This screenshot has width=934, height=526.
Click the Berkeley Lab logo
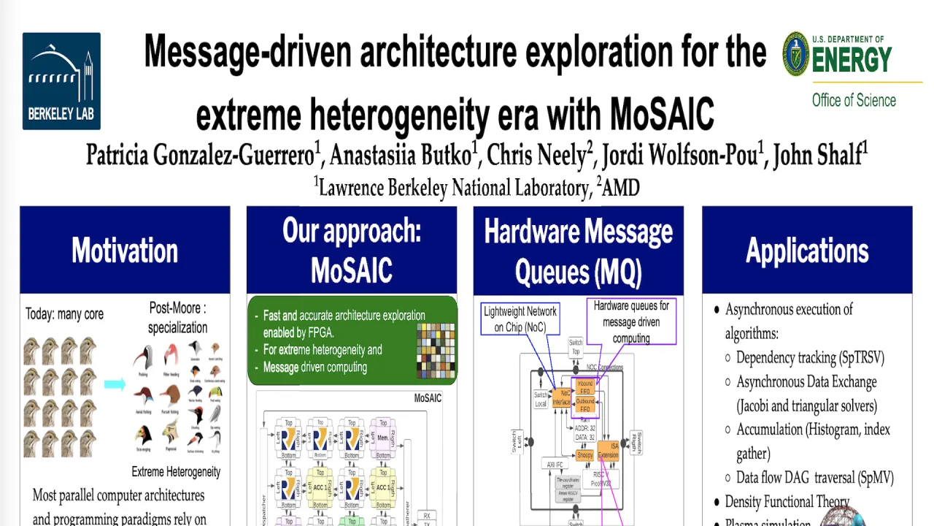tap(61, 81)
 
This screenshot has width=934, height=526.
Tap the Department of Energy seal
tap(796, 54)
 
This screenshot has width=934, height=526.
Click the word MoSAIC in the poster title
tap(661, 115)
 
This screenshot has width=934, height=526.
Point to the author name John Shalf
tap(819, 154)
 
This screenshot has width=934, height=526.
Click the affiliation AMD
tap(621, 188)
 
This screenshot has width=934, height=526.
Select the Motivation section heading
tap(125, 251)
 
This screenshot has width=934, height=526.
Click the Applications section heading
tap(807, 251)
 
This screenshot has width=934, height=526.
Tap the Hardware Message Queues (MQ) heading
tap(579, 251)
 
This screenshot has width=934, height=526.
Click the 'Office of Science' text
tap(854, 100)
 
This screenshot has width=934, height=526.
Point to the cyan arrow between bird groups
tap(115, 384)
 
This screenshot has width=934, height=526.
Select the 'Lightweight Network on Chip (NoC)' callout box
tap(520, 319)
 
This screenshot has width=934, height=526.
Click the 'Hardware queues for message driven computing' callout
tap(631, 321)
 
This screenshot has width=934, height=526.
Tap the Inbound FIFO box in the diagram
tap(585, 387)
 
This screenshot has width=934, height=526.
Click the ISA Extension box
tap(608, 450)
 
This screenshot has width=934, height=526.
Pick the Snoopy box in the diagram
tap(584, 455)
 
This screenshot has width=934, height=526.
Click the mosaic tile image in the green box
tap(436, 351)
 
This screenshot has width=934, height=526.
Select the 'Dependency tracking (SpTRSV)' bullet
tap(810, 357)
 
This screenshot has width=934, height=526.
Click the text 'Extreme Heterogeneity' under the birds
tap(176, 472)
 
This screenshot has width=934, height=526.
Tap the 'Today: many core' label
tap(65, 314)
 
